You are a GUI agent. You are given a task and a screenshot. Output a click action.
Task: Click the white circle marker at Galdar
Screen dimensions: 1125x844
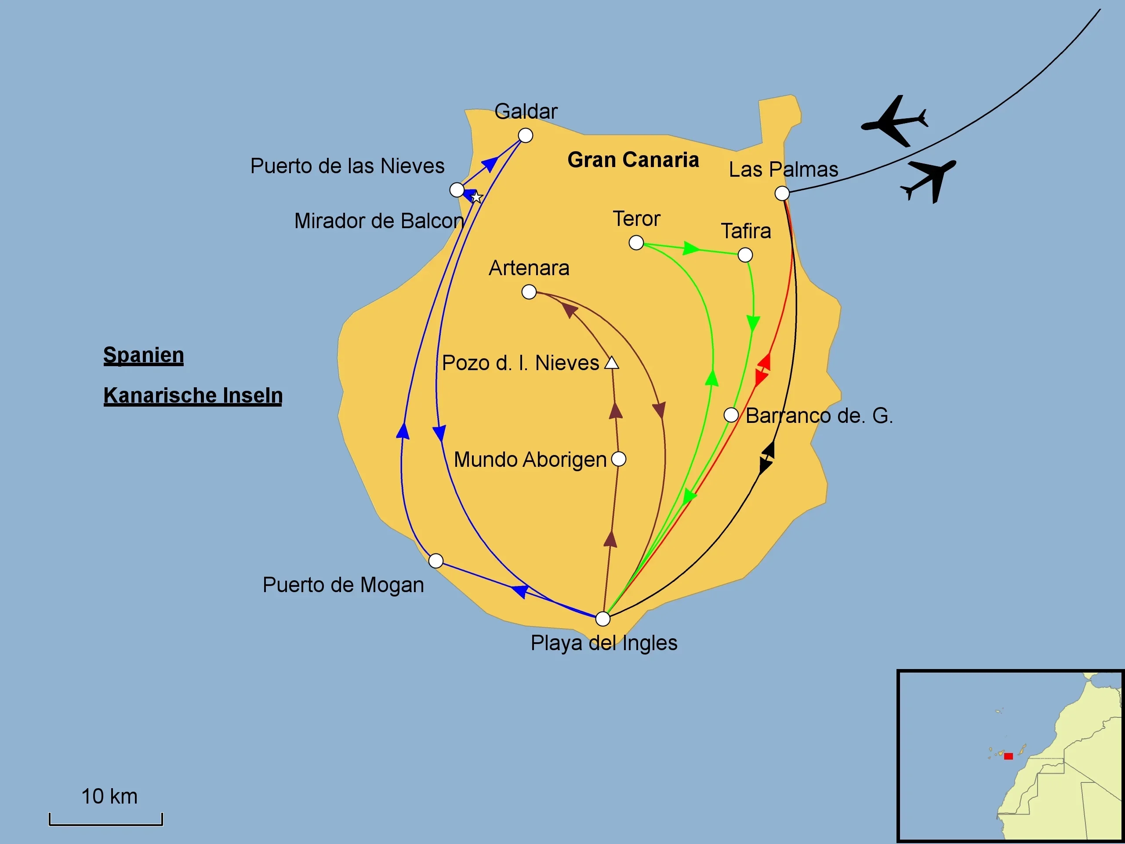pos(526,135)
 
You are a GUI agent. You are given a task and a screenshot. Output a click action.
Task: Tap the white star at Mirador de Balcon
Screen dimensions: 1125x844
pos(476,197)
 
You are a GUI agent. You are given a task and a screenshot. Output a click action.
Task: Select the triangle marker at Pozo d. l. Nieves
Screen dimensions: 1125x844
pos(611,363)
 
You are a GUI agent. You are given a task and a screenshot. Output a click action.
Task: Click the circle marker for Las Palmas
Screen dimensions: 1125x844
pos(782,193)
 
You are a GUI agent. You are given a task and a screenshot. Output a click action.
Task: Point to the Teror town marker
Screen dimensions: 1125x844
pos(636,243)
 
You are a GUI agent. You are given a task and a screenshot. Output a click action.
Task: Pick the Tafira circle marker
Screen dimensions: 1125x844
pos(745,255)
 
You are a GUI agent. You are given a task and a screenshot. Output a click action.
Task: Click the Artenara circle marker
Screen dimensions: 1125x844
pos(529,292)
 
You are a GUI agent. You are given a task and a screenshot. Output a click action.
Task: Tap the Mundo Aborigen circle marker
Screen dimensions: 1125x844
pos(618,459)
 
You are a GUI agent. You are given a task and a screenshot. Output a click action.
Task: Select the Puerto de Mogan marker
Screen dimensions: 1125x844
pos(436,560)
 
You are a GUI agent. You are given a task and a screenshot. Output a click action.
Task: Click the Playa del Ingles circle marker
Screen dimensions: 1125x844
pos(602,618)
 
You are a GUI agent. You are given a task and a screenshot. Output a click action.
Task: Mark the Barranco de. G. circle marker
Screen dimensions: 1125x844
pos(731,415)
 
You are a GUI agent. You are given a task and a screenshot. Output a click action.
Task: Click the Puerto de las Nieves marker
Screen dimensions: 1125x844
pos(457,190)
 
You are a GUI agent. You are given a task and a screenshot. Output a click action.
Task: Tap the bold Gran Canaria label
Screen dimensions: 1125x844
pos(633,160)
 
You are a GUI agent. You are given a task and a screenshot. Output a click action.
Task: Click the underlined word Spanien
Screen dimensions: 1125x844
pos(143,355)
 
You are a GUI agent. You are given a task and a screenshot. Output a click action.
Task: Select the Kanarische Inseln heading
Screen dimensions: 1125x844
pos(193,395)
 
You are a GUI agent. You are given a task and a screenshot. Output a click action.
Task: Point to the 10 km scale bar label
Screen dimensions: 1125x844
pos(109,796)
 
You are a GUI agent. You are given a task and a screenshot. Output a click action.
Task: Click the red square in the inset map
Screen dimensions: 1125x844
pos(1008,757)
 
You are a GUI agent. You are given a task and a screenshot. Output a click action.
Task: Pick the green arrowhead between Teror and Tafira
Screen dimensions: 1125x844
pos(691,248)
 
